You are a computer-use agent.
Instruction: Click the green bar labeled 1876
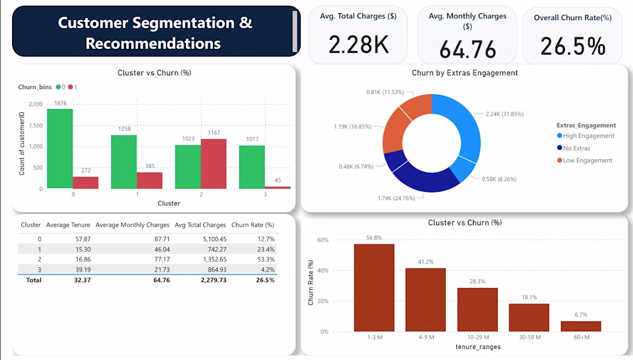[60, 148]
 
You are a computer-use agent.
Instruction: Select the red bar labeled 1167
[213, 164]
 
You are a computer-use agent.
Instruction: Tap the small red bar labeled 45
[278, 187]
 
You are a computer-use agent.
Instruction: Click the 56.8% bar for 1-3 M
[374, 288]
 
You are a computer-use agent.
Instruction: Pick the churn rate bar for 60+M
[581, 327]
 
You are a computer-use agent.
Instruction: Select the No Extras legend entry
[574, 148]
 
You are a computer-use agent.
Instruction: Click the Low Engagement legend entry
[585, 160]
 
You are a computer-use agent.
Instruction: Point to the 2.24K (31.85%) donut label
[505, 114]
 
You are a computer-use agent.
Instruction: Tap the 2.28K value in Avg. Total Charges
[359, 44]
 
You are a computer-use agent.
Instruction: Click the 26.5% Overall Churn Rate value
[573, 46]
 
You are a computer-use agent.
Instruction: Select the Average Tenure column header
[68, 225]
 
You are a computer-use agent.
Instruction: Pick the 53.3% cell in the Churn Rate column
[266, 259]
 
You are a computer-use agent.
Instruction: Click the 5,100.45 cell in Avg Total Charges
[215, 239]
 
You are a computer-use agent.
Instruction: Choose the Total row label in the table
[34, 280]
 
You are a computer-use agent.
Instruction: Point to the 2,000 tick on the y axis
[36, 104]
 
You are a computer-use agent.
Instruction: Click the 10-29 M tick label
[478, 337]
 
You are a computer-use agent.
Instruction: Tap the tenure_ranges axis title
[478, 347]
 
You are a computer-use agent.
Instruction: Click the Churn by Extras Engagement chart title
[464, 72]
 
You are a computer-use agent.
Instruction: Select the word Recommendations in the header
[153, 43]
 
